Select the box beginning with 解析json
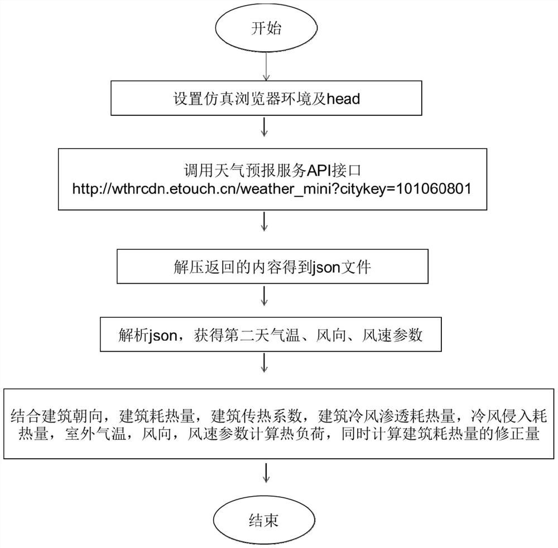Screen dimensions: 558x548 click(x=270, y=336)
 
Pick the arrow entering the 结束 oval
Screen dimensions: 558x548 click(x=267, y=474)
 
